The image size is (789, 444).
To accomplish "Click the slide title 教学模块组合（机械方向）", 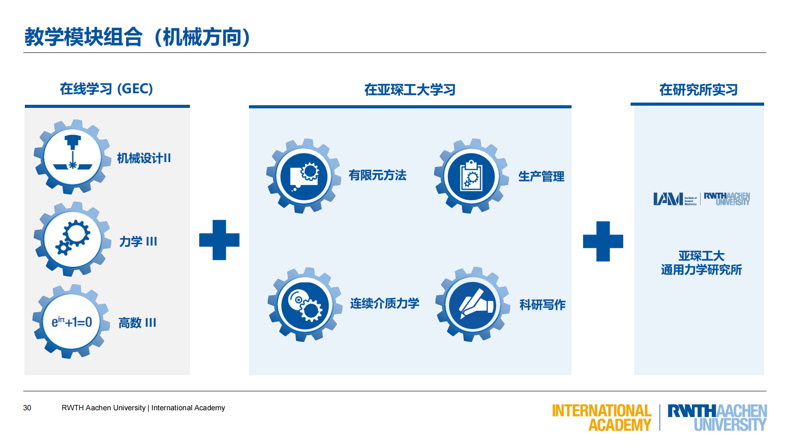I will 138,37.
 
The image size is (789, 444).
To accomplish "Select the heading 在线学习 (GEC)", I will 107,89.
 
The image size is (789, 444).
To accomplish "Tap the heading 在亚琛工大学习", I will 410,90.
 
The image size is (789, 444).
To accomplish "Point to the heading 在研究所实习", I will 698,90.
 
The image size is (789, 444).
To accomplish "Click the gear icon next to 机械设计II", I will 72,157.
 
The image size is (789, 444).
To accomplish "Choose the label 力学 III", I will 138,242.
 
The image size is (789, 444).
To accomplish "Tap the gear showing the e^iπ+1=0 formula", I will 71,321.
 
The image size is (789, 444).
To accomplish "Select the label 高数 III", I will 137,323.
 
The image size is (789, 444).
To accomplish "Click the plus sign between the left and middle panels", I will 219,240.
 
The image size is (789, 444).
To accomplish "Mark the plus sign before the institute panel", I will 603,241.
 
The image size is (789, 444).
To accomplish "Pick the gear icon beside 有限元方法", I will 304,176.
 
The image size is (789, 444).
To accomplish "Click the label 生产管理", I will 541,176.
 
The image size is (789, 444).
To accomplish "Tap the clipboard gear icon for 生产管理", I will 471,176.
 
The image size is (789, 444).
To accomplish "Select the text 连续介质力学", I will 384,303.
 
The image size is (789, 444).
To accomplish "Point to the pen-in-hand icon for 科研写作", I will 473,305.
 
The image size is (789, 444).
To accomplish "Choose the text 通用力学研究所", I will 701,270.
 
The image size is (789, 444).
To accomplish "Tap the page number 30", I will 27,408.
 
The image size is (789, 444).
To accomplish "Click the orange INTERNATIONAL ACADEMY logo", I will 601,417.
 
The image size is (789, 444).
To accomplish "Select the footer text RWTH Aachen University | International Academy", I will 143,408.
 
